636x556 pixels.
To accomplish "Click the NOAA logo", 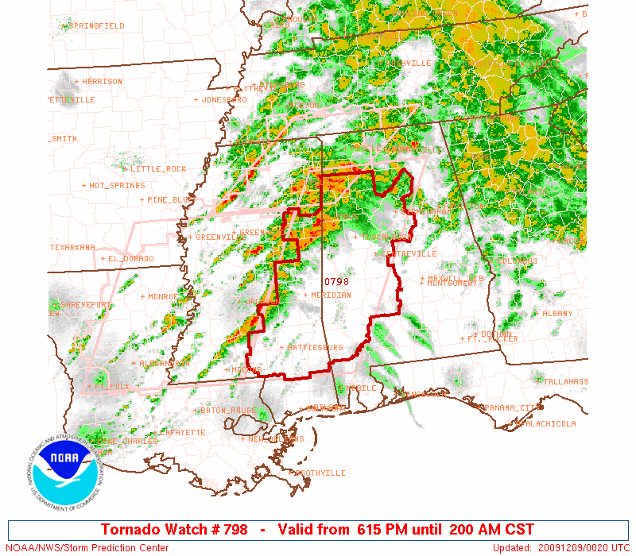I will [x=64, y=474].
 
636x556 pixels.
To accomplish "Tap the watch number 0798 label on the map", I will [x=336, y=281].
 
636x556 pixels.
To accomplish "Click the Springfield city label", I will [x=95, y=26].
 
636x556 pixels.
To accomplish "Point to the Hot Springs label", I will [x=113, y=186].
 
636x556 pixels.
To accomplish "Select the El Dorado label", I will [x=130, y=259].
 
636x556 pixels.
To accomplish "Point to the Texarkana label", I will [x=72, y=248].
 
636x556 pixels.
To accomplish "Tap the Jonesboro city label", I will [x=222, y=100].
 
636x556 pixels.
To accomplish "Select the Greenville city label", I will [x=219, y=237].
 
